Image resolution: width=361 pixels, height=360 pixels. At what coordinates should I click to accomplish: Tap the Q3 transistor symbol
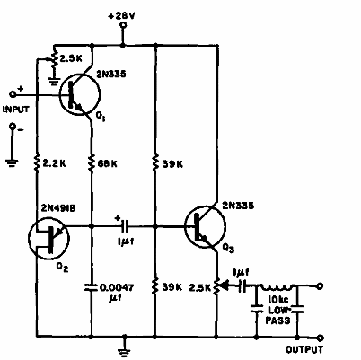pyautogui.click(x=206, y=228)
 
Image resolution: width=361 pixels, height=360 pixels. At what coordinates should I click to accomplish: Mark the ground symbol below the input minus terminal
pyautogui.click(x=12, y=164)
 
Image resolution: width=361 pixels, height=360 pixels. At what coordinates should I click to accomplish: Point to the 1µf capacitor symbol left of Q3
pyautogui.click(x=125, y=228)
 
